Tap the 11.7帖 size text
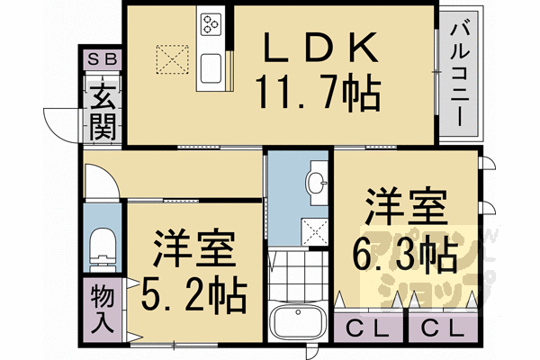pos(317,90)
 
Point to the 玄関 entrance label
pos(103,108)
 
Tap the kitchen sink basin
pos(211,68)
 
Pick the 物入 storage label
pos(103,310)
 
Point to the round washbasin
pos(318,184)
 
